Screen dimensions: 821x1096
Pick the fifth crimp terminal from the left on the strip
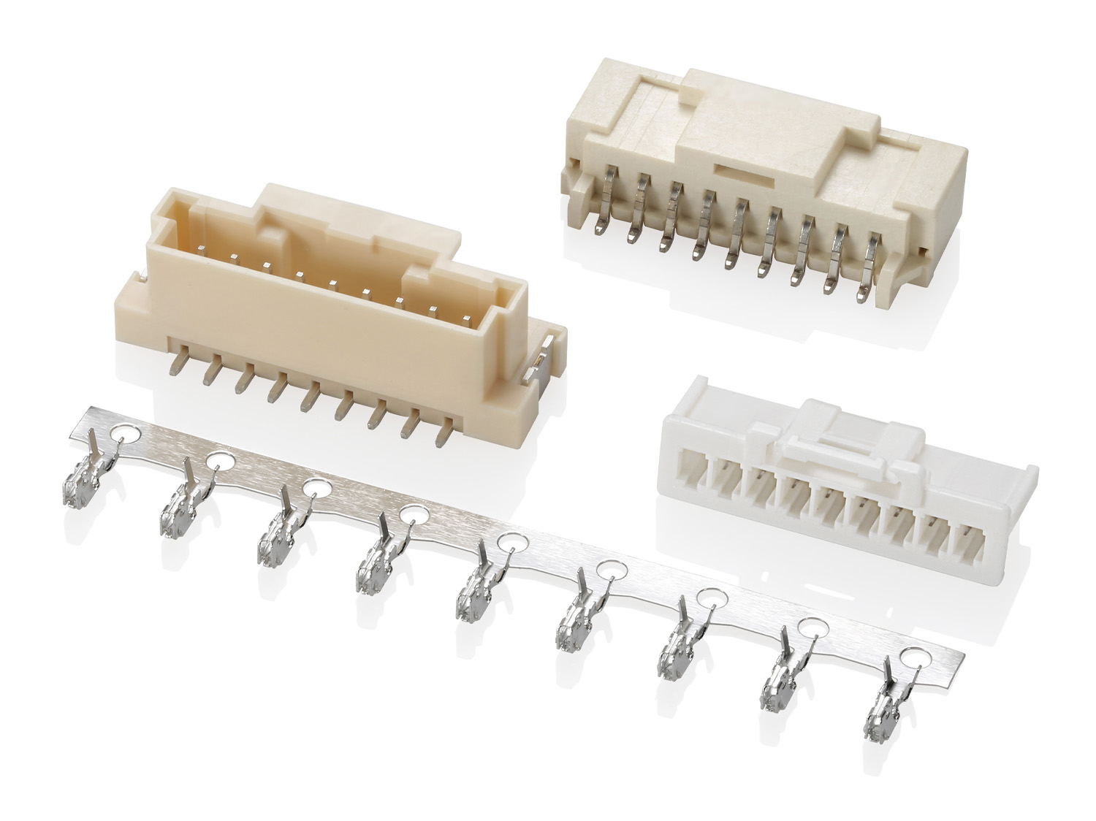click(473, 592)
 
